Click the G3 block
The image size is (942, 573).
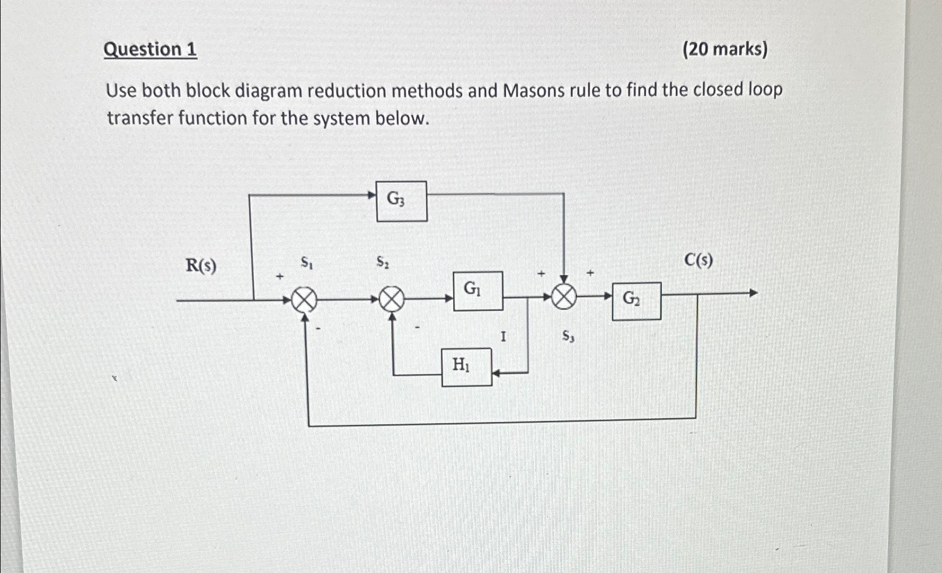coord(401,201)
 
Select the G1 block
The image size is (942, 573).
coord(478,291)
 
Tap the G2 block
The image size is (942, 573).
coord(636,301)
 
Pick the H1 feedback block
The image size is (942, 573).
coord(466,367)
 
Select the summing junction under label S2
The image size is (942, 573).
coord(391,299)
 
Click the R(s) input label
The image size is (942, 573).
coord(201,265)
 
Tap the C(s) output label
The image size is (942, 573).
coord(698,260)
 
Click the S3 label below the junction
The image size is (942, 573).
coord(568,336)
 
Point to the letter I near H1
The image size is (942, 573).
coord(503,337)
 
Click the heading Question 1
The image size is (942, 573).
coord(151,50)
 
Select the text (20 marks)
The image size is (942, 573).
coord(725,50)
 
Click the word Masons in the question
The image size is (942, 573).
coord(533,90)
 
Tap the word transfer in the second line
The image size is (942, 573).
coord(140,118)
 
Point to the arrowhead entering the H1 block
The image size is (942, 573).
coord(497,372)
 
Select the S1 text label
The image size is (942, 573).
coord(307,262)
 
